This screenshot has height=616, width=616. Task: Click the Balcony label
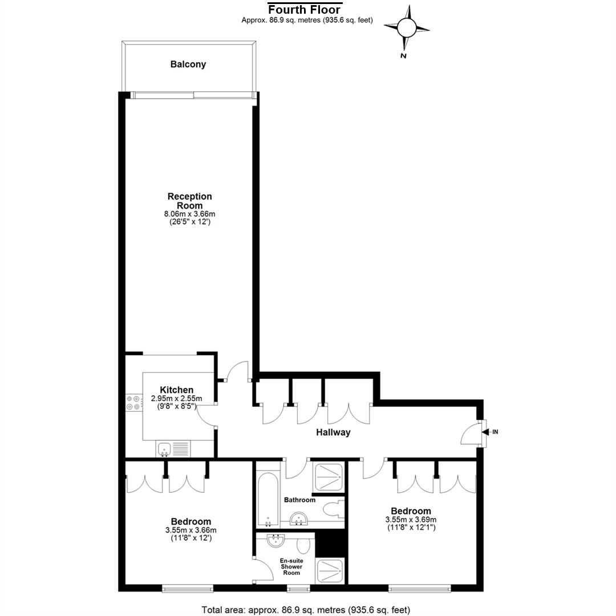[188, 64]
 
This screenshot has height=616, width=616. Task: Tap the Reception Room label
[190, 201]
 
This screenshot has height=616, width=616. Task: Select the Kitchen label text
[176, 390]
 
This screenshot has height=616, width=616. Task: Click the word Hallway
[333, 432]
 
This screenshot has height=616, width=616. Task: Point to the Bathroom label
[300, 500]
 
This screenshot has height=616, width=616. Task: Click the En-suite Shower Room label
[291, 566]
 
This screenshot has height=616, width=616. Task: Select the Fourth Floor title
[304, 10]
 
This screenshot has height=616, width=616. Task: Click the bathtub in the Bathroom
[268, 499]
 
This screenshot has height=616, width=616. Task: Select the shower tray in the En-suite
[330, 570]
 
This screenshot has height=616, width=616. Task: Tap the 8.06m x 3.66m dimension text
[190, 214]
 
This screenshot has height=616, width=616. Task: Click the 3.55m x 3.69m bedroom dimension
[411, 520]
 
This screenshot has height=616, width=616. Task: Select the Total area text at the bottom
[306, 610]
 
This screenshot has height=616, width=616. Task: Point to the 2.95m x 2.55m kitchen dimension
[176, 398]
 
